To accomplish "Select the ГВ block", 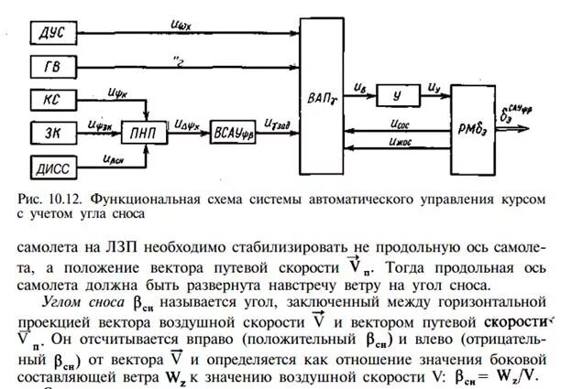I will [x=50, y=68].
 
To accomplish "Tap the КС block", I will [x=50, y=100].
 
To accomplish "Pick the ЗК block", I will [x=50, y=132].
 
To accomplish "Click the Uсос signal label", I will [x=403, y=119].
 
